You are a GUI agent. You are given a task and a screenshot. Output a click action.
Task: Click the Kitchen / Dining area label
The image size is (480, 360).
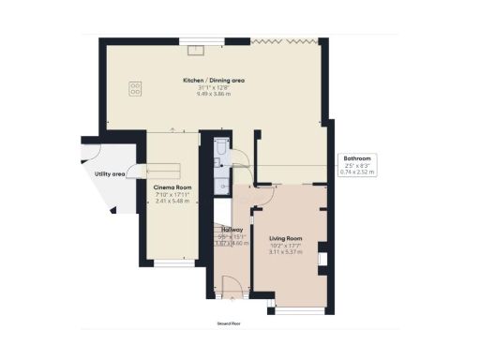[x=214, y=82]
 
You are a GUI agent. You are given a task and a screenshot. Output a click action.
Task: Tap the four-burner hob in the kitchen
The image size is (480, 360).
[x=135, y=89]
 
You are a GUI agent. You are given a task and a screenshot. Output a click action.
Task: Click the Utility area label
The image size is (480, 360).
[x=110, y=174]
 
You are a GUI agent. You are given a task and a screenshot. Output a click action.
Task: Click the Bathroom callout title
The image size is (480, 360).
[x=357, y=158]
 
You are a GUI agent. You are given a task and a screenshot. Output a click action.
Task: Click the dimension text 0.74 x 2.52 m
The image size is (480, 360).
[x=357, y=172]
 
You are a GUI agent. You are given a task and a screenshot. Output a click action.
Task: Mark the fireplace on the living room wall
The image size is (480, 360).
[x=320, y=258]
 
